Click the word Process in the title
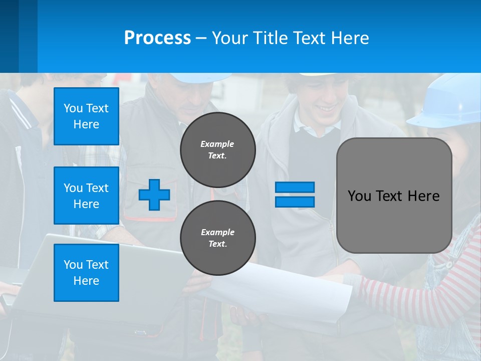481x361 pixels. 157,38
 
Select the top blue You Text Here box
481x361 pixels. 86,116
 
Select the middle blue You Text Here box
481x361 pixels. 86,196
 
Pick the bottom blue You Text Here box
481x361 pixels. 86,272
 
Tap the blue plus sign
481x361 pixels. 154,195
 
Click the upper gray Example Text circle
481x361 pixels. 217,150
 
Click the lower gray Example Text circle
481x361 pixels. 217,238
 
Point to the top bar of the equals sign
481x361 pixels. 295,187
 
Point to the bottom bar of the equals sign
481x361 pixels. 295,202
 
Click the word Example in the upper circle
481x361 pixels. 217,144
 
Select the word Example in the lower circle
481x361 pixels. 217,232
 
